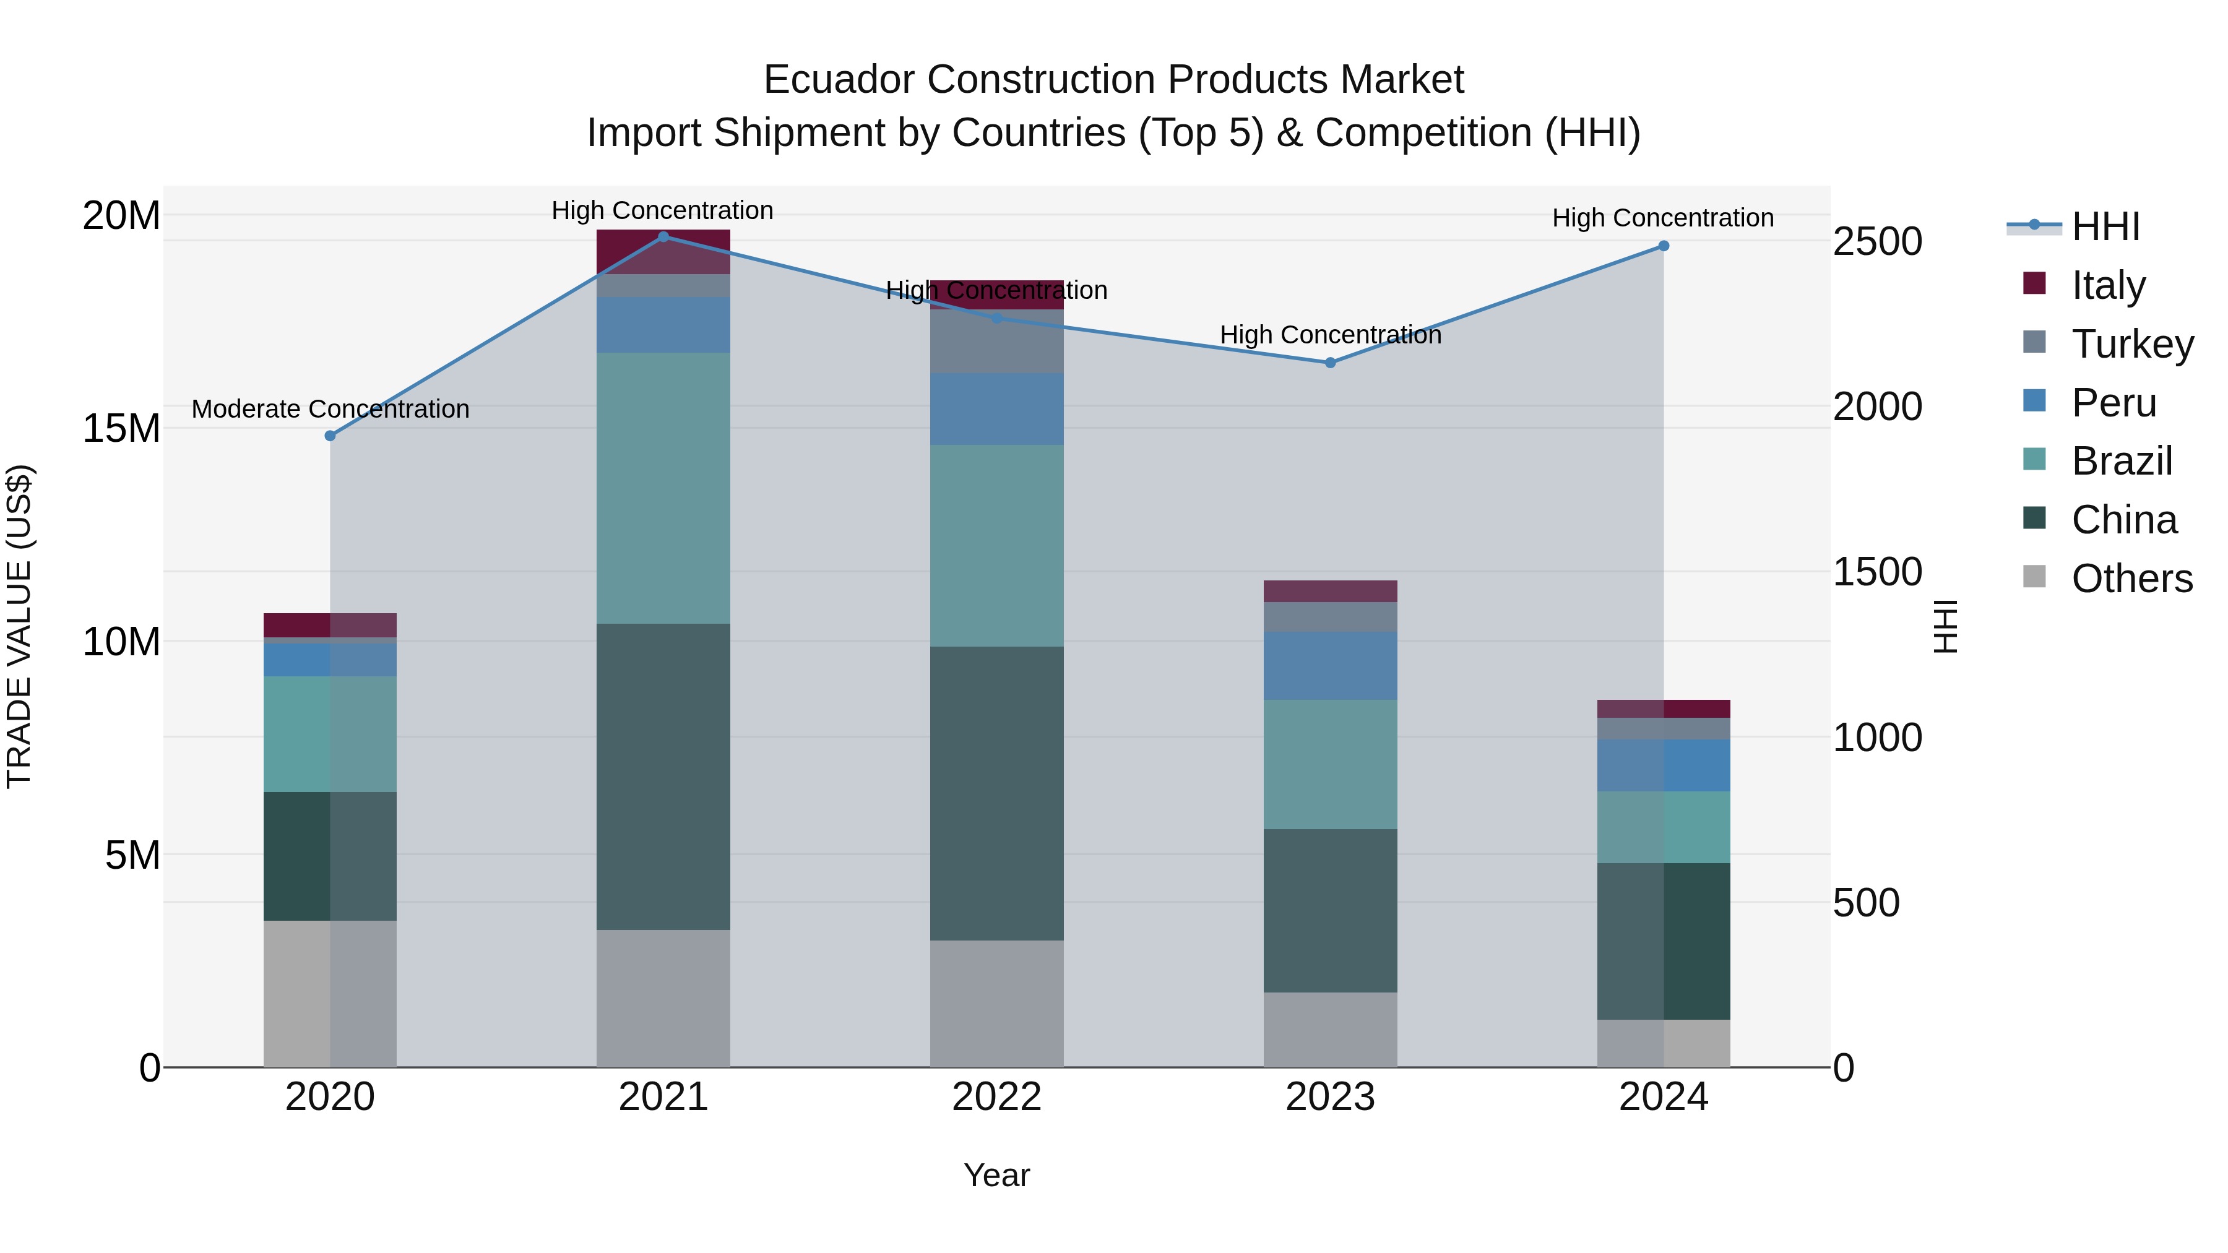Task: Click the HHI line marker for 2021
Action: (x=663, y=237)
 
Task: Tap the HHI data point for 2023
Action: (x=1330, y=363)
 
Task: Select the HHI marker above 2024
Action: (x=1663, y=246)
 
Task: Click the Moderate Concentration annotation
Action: (x=330, y=409)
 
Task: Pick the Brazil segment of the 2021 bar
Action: (x=663, y=489)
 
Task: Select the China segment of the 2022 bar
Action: (x=996, y=793)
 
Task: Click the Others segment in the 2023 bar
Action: (x=1330, y=1029)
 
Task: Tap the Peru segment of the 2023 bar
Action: (x=1330, y=666)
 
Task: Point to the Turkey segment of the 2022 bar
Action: (x=996, y=342)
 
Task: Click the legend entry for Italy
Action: (x=2108, y=285)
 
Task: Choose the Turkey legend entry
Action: (x=2132, y=344)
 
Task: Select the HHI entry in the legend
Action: (x=2105, y=226)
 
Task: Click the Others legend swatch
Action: (x=2035, y=577)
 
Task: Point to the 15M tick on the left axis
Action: (x=121, y=429)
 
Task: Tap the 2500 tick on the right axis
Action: (x=1878, y=241)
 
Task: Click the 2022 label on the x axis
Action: (x=996, y=1097)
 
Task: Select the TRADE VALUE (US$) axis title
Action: (x=19, y=627)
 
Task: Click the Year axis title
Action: (x=996, y=1175)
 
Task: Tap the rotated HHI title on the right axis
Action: (x=1945, y=627)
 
